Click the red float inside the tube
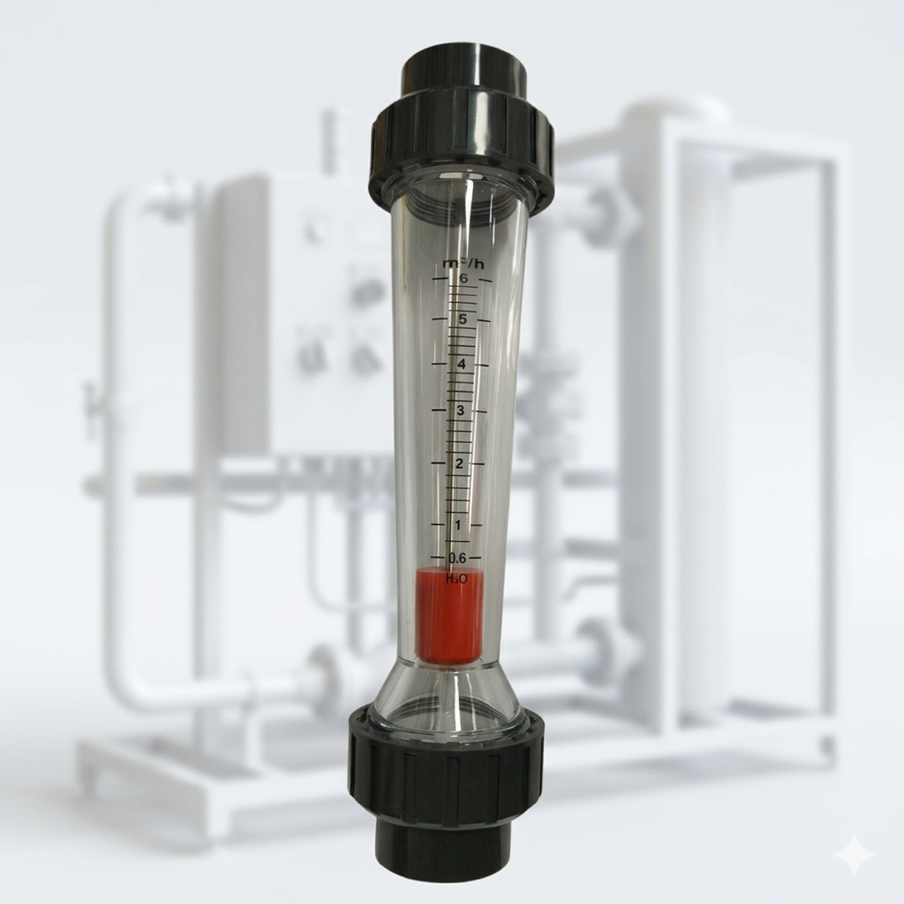[x=448, y=615]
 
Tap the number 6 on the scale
[x=463, y=278]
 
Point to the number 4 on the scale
[x=461, y=365]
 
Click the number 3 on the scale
[x=460, y=411]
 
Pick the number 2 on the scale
[x=459, y=463]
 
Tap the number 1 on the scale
[x=458, y=525]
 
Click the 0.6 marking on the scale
[x=457, y=558]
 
